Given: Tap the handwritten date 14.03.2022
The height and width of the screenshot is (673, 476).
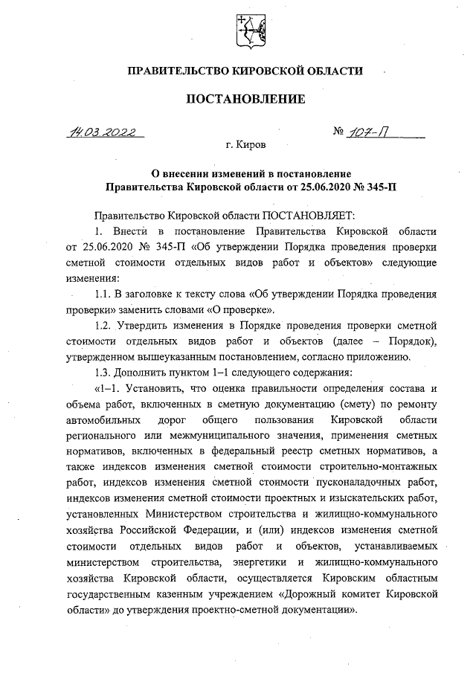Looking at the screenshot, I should (x=104, y=133).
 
